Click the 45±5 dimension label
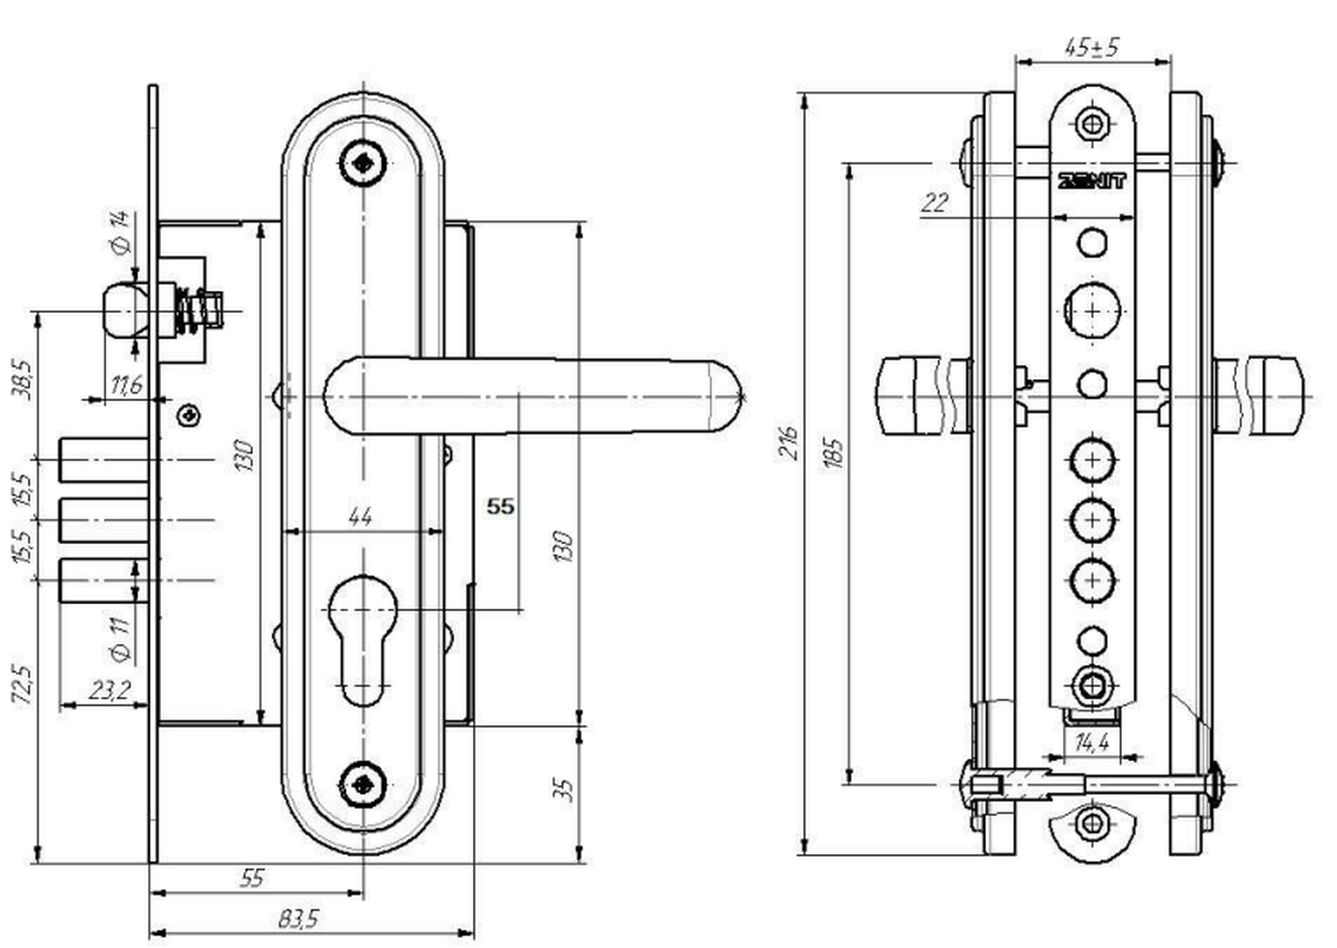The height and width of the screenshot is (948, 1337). [x=1091, y=47]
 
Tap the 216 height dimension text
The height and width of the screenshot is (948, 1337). [x=789, y=442]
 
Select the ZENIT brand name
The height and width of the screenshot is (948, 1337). [x=1091, y=181]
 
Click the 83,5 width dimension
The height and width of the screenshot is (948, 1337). [x=299, y=920]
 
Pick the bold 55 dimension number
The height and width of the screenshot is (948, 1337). [x=500, y=506]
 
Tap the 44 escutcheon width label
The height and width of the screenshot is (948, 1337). [x=360, y=517]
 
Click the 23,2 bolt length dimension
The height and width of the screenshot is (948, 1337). [x=110, y=690]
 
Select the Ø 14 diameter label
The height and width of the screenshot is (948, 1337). [x=120, y=232]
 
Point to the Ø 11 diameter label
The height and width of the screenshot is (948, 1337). [x=120, y=640]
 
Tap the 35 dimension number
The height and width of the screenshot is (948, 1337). [x=564, y=790]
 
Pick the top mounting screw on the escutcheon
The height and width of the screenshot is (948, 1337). [x=363, y=162]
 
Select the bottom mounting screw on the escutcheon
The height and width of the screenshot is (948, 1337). [x=363, y=785]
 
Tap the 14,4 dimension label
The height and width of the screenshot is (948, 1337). [x=1091, y=743]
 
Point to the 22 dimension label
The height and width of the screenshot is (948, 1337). [x=935, y=204]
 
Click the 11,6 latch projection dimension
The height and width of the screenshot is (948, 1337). [x=126, y=385]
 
